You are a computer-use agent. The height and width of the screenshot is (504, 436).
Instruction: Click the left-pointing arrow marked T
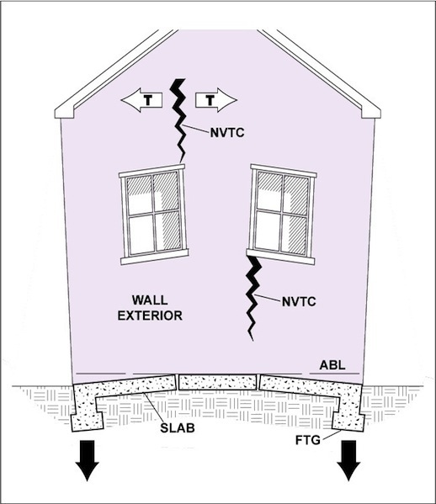tap(141, 100)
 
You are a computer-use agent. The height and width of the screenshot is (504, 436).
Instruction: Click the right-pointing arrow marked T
tap(216, 100)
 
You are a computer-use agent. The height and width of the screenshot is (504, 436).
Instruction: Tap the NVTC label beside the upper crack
tap(227, 133)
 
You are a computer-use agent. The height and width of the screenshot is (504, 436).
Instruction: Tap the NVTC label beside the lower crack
tap(299, 302)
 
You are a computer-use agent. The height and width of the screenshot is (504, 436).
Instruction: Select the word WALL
tap(150, 300)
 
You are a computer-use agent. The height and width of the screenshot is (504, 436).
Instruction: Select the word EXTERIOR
tap(150, 316)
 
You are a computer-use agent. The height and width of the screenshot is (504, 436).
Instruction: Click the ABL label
tap(332, 365)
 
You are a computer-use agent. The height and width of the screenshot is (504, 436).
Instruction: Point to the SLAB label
tap(178, 427)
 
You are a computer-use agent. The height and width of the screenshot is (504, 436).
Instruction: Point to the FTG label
tap(308, 440)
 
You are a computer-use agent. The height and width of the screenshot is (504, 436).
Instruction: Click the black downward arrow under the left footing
tap(88, 460)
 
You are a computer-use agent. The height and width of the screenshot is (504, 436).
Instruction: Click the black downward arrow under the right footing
tap(348, 460)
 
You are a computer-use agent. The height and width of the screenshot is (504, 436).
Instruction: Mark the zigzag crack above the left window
tap(178, 120)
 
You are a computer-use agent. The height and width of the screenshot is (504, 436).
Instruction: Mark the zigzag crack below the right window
tap(253, 297)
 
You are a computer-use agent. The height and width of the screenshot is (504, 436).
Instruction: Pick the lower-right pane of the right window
tap(294, 234)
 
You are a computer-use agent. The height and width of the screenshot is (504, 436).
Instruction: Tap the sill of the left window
tap(155, 257)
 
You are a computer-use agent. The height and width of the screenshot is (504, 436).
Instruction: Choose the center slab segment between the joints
tap(218, 383)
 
